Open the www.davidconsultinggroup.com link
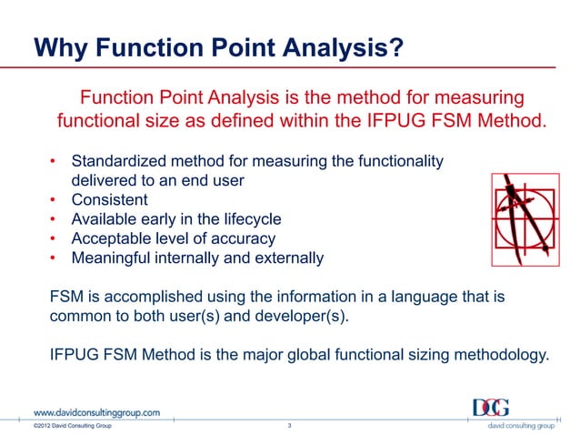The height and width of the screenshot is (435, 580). click(x=96, y=411)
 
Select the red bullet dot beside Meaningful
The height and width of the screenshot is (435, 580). click(x=54, y=258)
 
